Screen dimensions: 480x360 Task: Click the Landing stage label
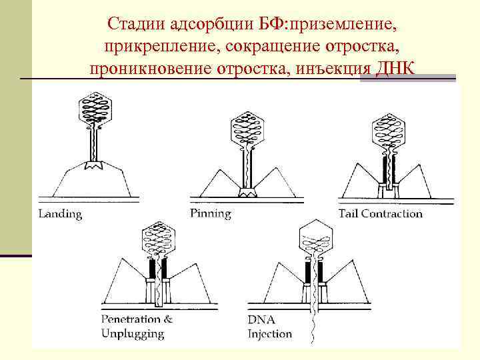(x=60, y=214)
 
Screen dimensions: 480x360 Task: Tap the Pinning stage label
(x=210, y=214)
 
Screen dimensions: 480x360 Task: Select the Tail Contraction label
(x=380, y=214)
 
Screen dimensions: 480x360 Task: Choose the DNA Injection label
(x=270, y=326)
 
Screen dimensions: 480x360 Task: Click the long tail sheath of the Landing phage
(x=94, y=143)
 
